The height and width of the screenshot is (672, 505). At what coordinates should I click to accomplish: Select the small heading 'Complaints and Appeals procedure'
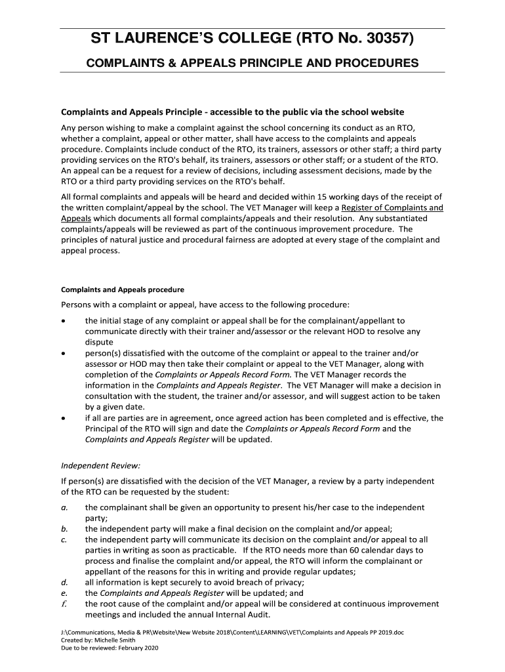pos(123,289)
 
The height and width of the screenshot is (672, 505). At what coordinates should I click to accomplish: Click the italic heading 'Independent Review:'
pos(100,466)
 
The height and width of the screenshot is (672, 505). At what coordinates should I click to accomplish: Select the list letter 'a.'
pos(64,507)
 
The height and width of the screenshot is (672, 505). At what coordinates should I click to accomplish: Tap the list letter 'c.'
pos(64,539)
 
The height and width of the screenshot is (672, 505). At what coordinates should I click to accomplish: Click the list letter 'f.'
pos(64,604)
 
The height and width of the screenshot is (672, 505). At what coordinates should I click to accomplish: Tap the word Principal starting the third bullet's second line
pos(103,429)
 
